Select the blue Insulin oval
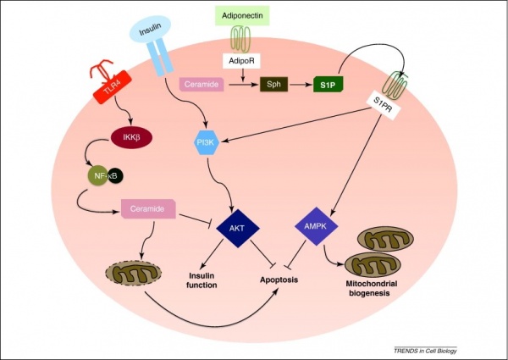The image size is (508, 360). pos(150,32)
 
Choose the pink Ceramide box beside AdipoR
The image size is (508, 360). pos(202,85)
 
